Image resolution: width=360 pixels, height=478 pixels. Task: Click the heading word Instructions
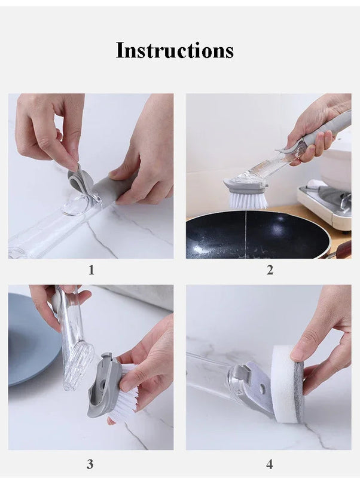tap(175, 50)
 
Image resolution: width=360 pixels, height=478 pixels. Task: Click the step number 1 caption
tap(91, 270)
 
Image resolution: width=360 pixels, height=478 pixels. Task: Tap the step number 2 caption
tap(270, 270)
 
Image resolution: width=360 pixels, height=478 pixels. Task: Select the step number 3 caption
tap(90, 464)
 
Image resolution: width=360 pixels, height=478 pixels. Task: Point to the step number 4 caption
tap(269, 464)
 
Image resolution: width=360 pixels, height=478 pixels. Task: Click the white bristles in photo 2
tap(248, 200)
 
